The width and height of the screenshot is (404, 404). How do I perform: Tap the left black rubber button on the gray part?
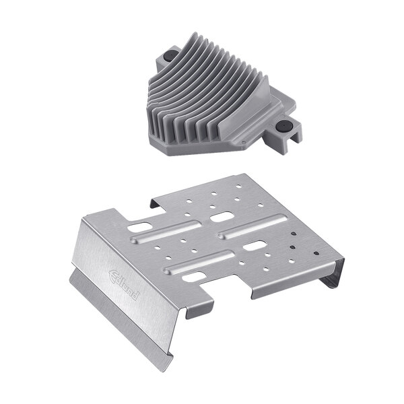170,53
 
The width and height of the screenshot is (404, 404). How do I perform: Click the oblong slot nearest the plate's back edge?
221,217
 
